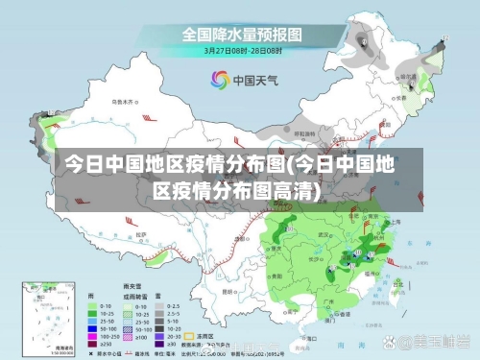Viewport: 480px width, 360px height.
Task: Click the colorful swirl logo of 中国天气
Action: [x=217, y=81]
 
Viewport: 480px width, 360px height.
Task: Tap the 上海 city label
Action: [x=396, y=220]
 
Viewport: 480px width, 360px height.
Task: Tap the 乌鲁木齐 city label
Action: [x=120, y=100]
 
